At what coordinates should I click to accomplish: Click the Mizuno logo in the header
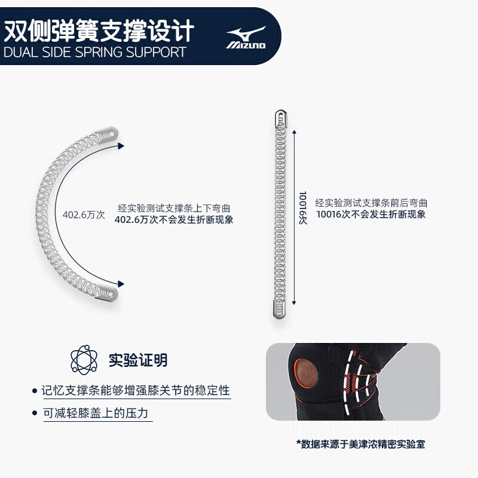tap(246, 37)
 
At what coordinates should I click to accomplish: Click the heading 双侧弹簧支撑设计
tap(99, 30)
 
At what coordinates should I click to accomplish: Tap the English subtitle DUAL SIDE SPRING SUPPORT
tap(95, 52)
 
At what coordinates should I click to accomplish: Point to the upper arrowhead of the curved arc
tap(121, 145)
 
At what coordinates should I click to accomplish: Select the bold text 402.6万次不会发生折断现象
tap(174, 219)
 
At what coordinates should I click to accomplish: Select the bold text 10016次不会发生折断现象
tap(371, 214)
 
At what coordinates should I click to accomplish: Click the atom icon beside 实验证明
tap(84, 360)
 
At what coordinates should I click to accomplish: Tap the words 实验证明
tap(138, 360)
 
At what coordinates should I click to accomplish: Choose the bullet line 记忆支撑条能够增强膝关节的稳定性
tap(136, 391)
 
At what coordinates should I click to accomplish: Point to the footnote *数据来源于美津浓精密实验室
tap(361, 444)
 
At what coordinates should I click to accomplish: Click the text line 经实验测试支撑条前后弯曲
tap(371, 203)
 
